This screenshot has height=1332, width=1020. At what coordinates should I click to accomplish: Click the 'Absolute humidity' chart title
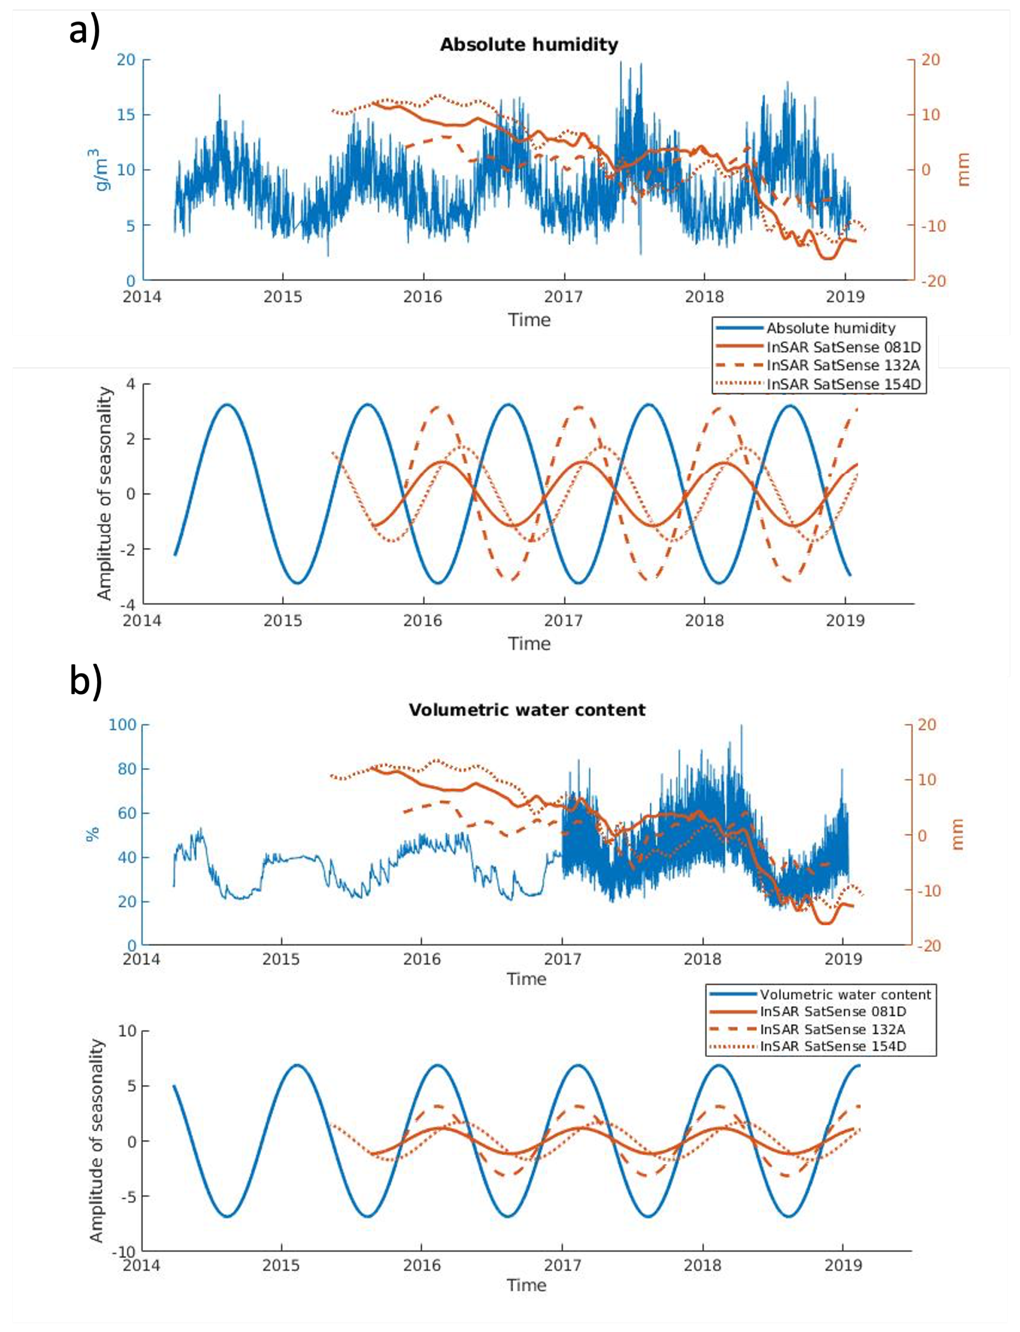pos(529,45)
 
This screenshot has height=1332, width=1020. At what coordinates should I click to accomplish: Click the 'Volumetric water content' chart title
pos(527,710)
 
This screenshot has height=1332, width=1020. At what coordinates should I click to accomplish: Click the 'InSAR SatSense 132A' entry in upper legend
pos(843,365)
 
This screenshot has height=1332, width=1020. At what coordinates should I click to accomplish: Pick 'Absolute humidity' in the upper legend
pos(831,329)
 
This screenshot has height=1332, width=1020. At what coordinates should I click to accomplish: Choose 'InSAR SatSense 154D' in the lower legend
pos(833,1046)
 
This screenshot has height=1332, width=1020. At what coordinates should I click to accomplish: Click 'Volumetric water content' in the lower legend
pos(845,995)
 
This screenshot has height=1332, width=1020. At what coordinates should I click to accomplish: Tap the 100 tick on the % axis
pos(122,725)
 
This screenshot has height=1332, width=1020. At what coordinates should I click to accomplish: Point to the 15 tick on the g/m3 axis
pos(126,115)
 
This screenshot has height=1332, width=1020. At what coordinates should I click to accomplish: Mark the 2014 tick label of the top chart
pos(142,297)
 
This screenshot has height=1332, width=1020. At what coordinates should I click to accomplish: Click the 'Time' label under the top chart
pos(529,320)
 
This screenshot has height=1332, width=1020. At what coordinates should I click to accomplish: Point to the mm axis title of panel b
pos(958,834)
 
